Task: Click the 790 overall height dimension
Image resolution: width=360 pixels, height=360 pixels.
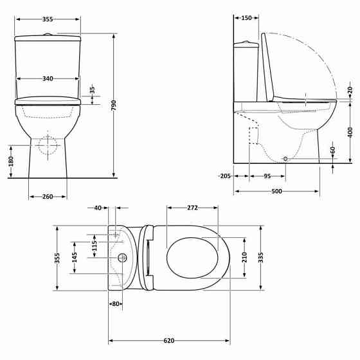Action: (x=114, y=105)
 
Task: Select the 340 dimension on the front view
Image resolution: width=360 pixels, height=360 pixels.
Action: (x=48, y=78)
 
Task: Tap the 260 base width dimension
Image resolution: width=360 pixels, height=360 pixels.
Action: (x=48, y=197)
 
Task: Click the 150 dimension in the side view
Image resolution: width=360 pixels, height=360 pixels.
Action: (x=246, y=18)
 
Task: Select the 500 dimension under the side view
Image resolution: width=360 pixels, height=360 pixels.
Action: (x=276, y=192)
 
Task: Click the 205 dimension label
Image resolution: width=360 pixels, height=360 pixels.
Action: (x=224, y=176)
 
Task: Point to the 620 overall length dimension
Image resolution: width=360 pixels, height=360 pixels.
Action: (x=169, y=341)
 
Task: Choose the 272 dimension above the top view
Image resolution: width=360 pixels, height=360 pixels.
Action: (x=192, y=208)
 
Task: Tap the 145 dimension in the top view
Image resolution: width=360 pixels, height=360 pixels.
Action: (x=75, y=258)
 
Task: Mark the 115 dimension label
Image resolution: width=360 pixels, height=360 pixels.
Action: (x=94, y=246)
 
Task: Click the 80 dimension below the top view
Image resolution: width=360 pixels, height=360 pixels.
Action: (x=116, y=303)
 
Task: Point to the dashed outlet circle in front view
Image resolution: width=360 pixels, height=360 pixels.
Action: (x=48, y=145)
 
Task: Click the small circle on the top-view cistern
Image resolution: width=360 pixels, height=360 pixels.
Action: (x=122, y=259)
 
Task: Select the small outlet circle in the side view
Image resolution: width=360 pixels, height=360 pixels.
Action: (x=285, y=158)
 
